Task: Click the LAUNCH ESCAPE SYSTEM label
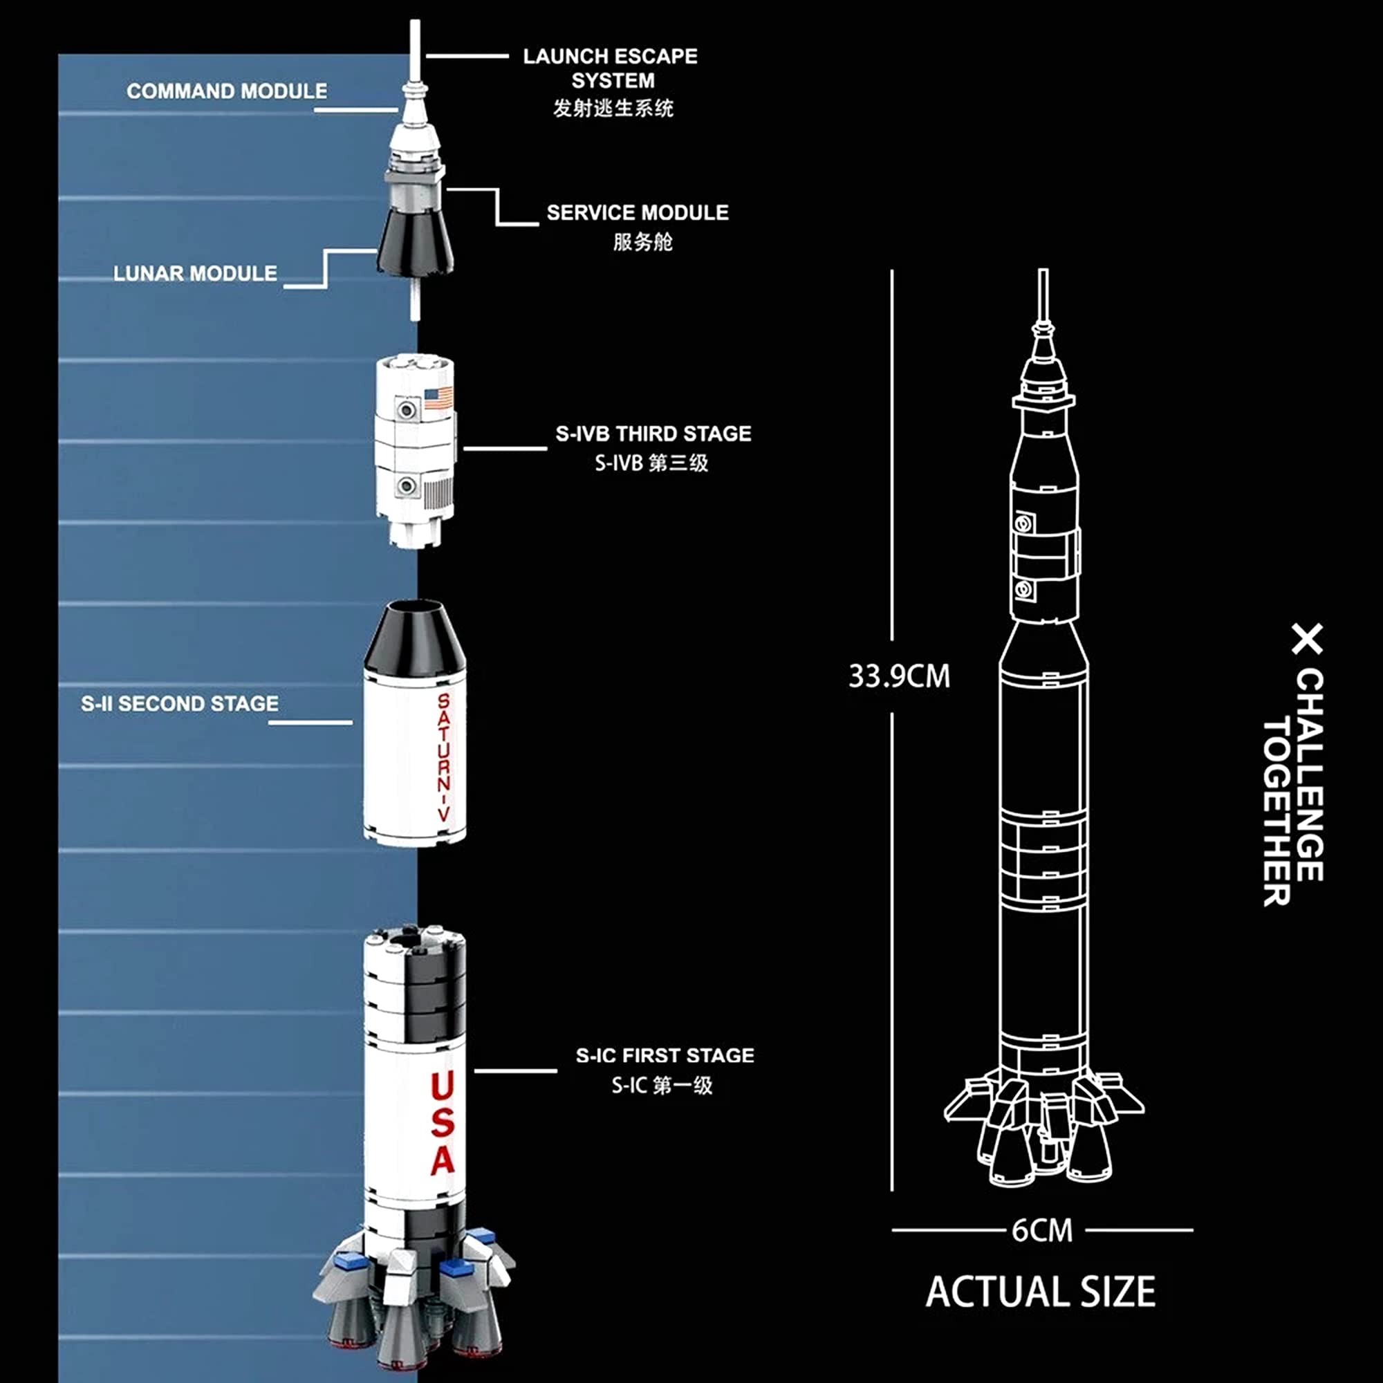click(x=611, y=68)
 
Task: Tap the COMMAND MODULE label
click(x=227, y=92)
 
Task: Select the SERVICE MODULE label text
click(x=638, y=212)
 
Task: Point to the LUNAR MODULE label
click(x=196, y=273)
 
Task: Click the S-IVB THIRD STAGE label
click(x=653, y=434)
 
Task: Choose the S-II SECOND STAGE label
click(x=180, y=704)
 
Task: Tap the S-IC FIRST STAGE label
click(x=665, y=1056)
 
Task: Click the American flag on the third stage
click(x=438, y=398)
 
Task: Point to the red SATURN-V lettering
click(x=444, y=758)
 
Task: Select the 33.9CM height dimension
click(x=899, y=676)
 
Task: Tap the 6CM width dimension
click(x=1042, y=1231)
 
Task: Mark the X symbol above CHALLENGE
click(x=1308, y=638)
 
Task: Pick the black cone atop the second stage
click(x=415, y=635)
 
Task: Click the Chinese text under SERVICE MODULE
click(x=643, y=242)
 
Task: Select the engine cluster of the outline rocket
click(x=1043, y=1131)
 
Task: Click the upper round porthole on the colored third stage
click(x=407, y=410)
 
